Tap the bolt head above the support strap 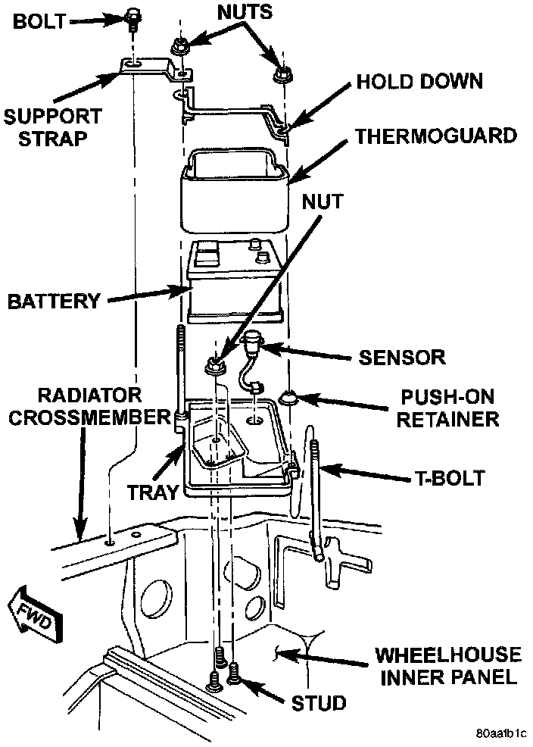pyautogui.click(x=132, y=15)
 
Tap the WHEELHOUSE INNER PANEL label pyautogui.click(x=448, y=664)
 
